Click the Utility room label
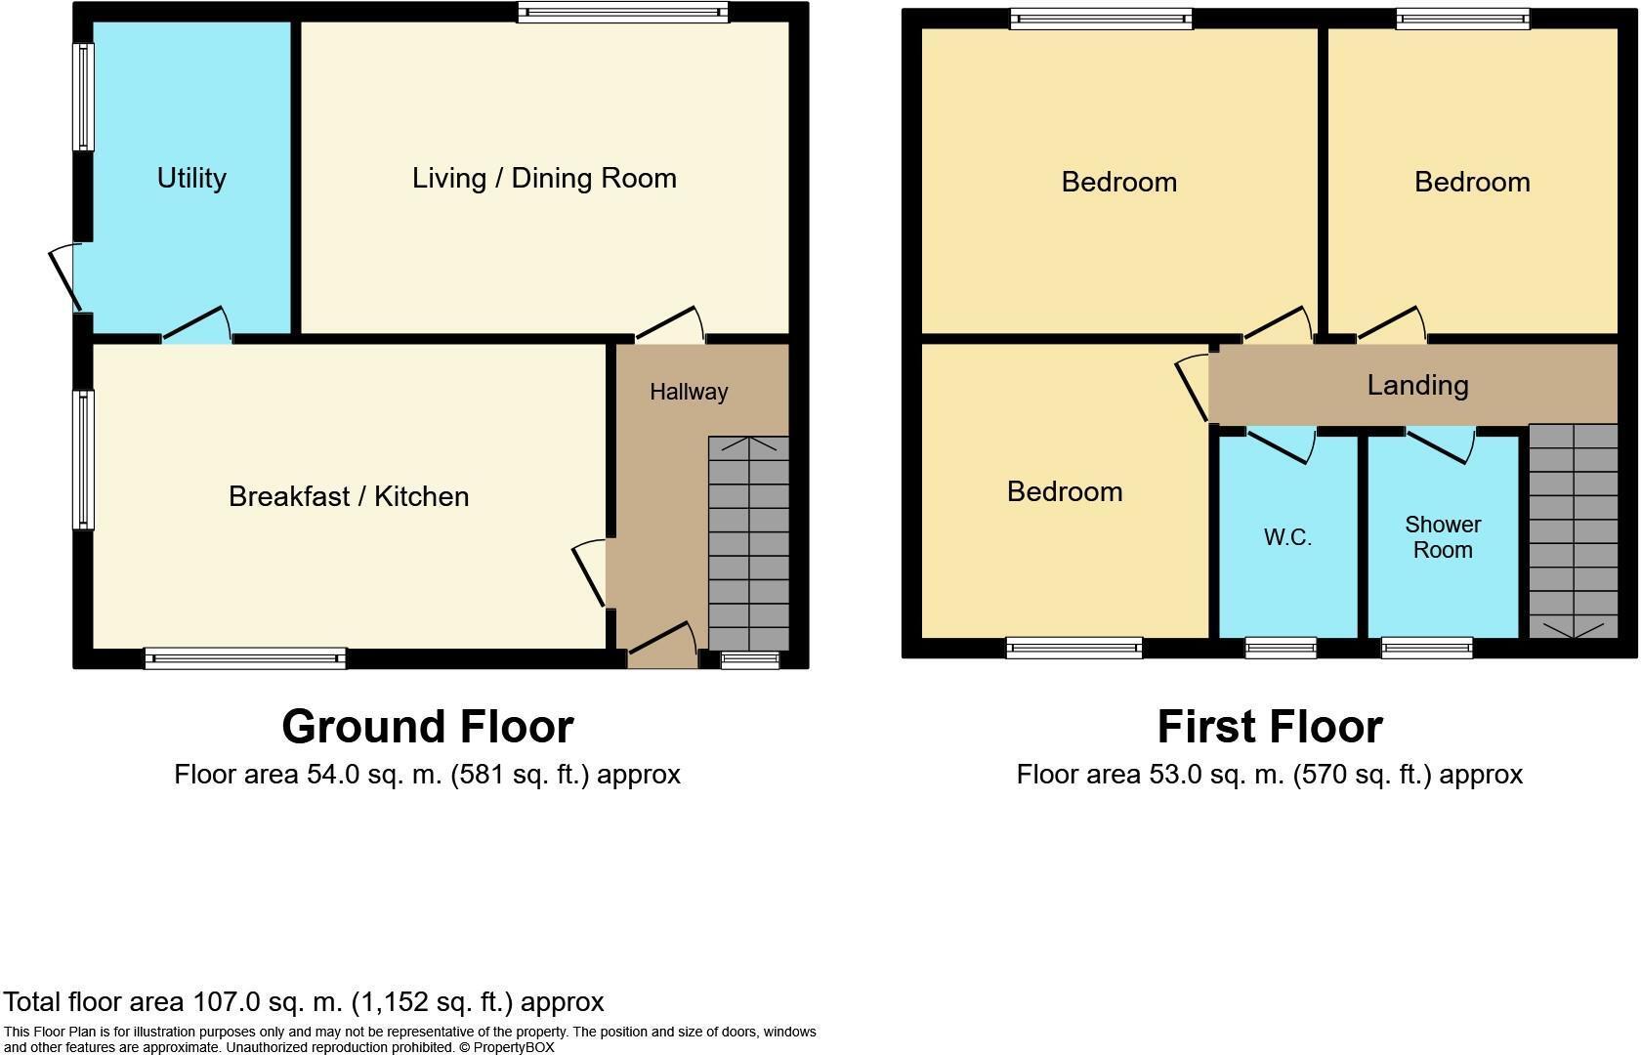point(191,178)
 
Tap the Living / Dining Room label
point(544,178)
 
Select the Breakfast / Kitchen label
point(349,496)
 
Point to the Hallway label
point(689,392)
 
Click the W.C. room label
point(1287,537)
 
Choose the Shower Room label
point(1443,537)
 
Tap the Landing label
point(1417,385)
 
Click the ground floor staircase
point(748,543)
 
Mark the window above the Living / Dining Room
point(622,13)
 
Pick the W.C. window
point(1281,647)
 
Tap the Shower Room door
point(1442,444)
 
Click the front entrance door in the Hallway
point(662,640)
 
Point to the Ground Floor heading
point(427,727)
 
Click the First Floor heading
point(1269,727)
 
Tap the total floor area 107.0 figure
point(226,1002)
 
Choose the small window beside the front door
point(750,660)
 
